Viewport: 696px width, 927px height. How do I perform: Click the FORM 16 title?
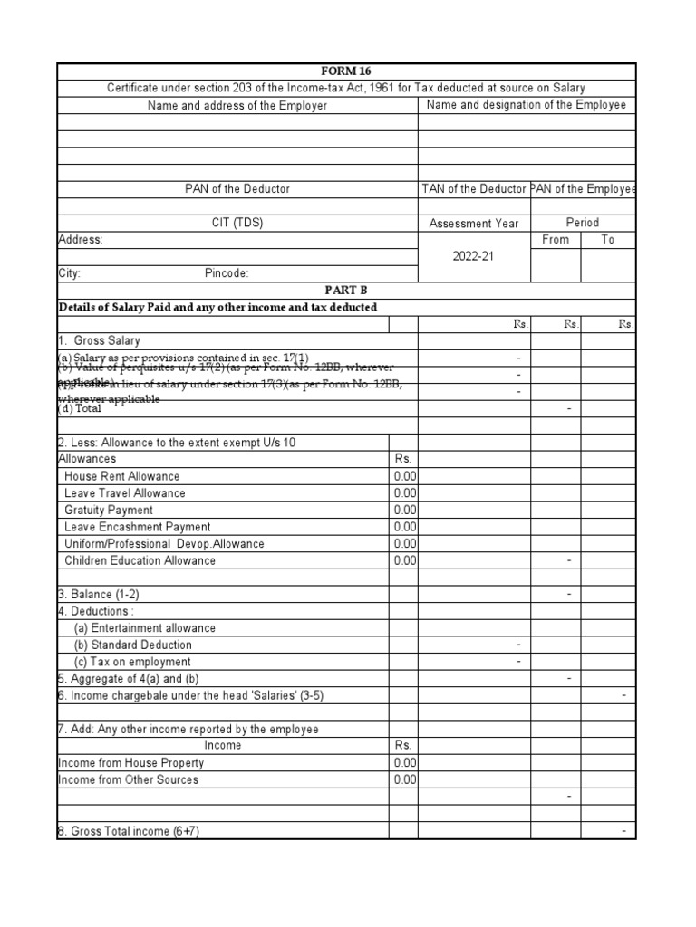coord(346,72)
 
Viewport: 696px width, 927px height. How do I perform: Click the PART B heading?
coord(346,291)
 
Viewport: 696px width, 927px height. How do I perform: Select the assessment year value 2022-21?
coord(473,256)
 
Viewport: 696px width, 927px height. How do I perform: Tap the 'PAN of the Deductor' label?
coord(237,189)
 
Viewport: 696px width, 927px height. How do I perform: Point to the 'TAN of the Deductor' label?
coord(474,189)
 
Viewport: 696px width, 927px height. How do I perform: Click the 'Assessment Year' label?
coord(474,223)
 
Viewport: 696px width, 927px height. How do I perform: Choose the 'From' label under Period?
coord(555,240)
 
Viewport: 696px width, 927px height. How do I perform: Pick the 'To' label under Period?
coord(607,240)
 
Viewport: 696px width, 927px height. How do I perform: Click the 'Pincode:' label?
coord(227,273)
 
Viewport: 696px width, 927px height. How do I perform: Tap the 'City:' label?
coord(70,273)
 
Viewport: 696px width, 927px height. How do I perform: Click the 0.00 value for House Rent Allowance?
coord(404,476)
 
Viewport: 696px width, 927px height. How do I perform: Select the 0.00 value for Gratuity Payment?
coord(404,511)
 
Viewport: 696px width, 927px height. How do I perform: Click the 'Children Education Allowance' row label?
coord(140,561)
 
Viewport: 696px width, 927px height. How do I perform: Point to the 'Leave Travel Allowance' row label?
coord(124,493)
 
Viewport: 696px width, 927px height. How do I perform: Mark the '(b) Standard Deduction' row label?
coord(132,645)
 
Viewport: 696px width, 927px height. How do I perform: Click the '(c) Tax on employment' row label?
coord(131,662)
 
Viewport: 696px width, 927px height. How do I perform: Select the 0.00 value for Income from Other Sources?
coord(404,780)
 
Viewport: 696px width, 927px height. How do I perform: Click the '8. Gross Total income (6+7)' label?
coord(128,831)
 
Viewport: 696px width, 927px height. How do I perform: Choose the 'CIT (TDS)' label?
coord(237,223)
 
